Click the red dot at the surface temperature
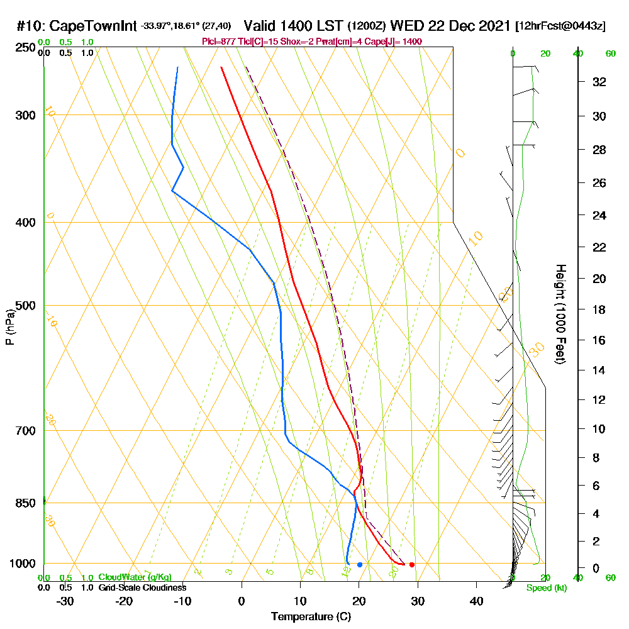point(411,564)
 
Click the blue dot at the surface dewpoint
point(360,564)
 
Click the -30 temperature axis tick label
point(65,601)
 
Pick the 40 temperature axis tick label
point(476,601)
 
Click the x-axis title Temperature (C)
point(311,617)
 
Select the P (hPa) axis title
point(9,327)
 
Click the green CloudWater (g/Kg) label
point(135,577)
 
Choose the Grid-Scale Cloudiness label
point(142,587)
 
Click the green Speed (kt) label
point(545,588)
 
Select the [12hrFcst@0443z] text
point(560,27)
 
